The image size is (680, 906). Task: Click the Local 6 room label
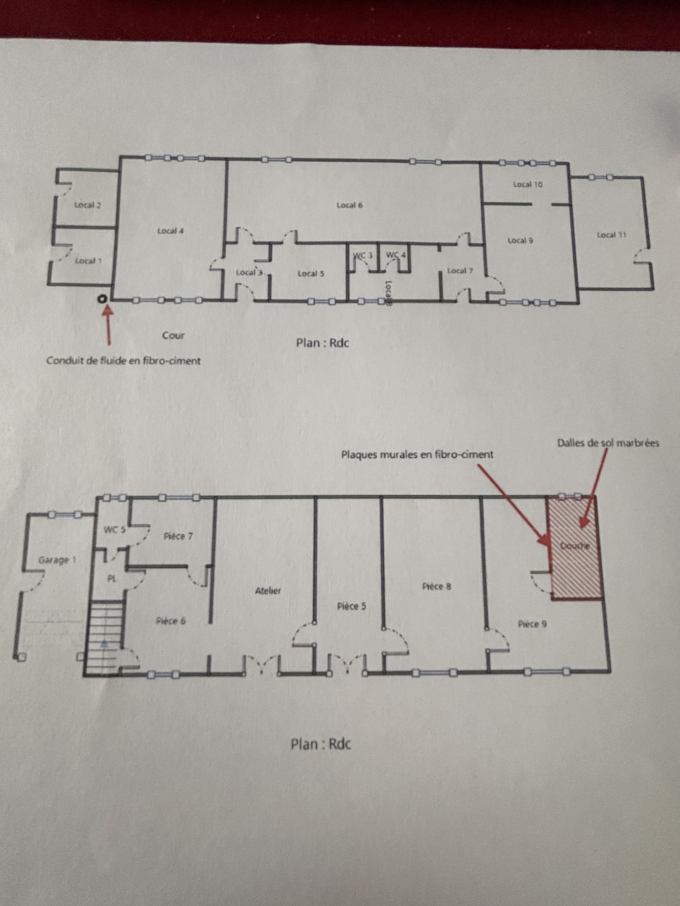click(348, 206)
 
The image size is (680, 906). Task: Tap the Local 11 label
click(611, 235)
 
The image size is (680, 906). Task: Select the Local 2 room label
click(87, 206)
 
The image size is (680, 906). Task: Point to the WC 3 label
click(362, 254)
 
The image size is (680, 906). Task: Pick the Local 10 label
click(528, 185)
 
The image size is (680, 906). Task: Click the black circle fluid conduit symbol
click(102, 298)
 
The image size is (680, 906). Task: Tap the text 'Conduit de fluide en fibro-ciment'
click(123, 361)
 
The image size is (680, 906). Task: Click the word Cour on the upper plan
click(173, 336)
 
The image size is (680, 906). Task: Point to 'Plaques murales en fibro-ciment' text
click(416, 454)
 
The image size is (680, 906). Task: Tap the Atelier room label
click(268, 591)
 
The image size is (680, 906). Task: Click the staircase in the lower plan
click(104, 638)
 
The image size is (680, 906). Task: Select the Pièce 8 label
click(437, 586)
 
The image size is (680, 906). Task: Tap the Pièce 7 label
click(179, 535)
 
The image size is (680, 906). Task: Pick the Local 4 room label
click(170, 231)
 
